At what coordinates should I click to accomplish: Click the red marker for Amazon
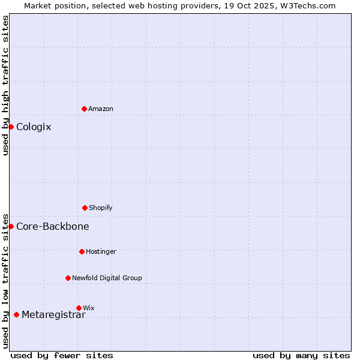tap(84, 109)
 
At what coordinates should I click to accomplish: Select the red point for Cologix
tap(11, 127)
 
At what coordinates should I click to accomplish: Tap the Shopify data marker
tap(85, 208)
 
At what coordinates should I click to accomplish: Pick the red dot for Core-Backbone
tap(11, 226)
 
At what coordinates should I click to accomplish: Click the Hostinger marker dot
tap(82, 251)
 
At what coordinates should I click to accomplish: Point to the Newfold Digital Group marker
tap(68, 278)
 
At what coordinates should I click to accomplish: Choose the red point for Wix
tap(79, 308)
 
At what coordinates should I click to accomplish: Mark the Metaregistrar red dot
tap(16, 314)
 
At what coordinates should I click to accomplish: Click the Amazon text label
tap(101, 109)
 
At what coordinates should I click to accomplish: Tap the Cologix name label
tap(34, 127)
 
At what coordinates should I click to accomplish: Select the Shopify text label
tap(101, 208)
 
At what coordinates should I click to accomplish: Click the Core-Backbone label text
tap(53, 226)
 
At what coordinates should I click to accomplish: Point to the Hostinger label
tap(101, 251)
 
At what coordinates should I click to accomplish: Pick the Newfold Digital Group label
tap(107, 278)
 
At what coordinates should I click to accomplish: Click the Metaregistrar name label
tap(53, 315)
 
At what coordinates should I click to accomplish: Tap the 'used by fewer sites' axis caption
tap(62, 355)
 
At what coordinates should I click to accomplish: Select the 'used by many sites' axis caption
tap(301, 355)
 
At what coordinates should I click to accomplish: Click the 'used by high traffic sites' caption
tap(5, 85)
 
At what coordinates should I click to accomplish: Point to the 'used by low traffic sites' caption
tap(5, 281)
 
